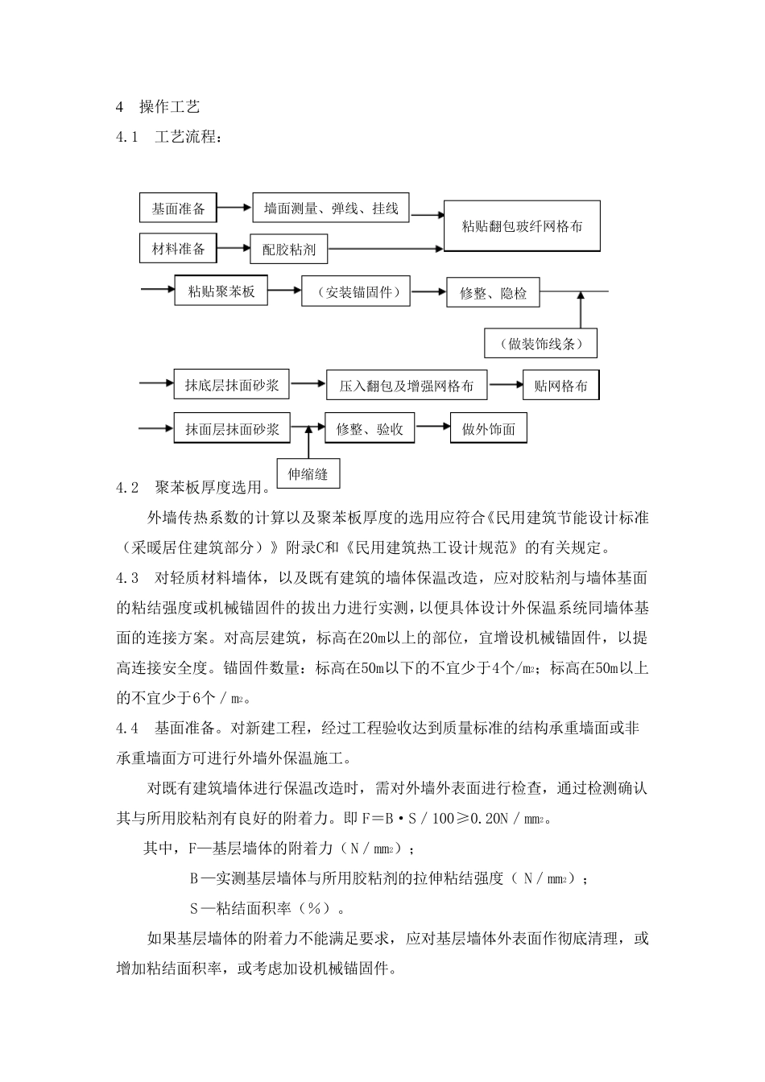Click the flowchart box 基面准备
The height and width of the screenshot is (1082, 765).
pos(178,209)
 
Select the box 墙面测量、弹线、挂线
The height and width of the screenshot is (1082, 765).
pos(331,209)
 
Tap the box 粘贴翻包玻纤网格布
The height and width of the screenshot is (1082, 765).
pos(522,226)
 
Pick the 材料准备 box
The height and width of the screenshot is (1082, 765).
pos(178,249)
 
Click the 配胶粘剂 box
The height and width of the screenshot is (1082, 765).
pos(289,250)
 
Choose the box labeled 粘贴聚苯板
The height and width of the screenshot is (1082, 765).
pos(221,291)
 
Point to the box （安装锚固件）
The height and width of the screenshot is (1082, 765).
pos(355,292)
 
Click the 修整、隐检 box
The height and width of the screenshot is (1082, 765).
pos(493,293)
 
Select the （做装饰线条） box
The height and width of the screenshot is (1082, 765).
pos(541,344)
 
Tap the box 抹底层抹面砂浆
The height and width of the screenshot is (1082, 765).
pos(232,386)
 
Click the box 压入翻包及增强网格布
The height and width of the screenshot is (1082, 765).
pos(407,386)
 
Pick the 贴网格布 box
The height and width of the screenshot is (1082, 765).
pos(560,386)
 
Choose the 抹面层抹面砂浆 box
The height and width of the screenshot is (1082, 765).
pos(232,429)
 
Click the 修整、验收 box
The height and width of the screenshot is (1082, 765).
pos(370,429)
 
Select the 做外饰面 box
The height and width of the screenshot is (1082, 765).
pos(489,429)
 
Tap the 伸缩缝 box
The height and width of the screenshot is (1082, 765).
pos(308,473)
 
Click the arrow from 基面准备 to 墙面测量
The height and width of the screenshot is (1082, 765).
pos(234,209)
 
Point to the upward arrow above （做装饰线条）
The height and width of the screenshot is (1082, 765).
pos(580,309)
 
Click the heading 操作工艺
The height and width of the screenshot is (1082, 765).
pos(169,106)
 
